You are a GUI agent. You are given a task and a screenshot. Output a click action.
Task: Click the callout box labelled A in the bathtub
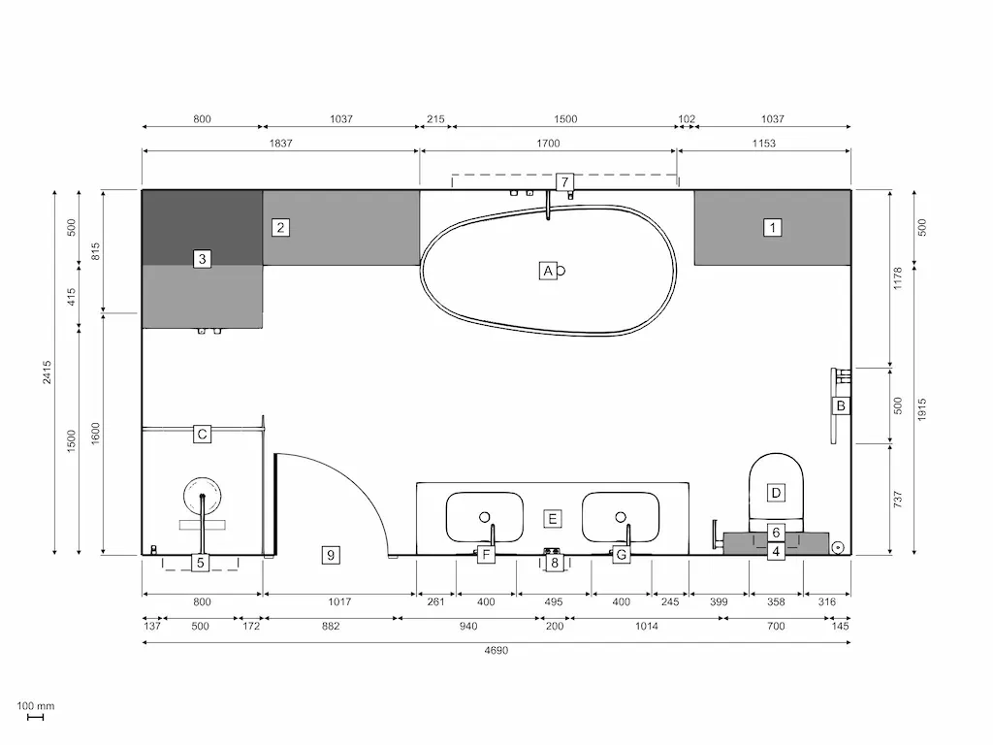pos(548,271)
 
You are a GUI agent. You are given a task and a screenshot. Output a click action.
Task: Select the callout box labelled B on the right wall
pos(841,405)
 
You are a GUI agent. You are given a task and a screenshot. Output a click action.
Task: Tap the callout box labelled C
pos(202,434)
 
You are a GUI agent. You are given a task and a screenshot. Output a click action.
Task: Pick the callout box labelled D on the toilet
pos(776,493)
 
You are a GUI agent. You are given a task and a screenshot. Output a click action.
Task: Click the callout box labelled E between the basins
pos(552,519)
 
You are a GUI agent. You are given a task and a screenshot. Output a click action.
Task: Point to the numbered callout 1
pos(773,228)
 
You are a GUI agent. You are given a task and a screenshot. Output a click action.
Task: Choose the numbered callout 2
pos(280,228)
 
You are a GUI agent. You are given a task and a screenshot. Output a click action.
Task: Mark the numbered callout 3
pos(202,259)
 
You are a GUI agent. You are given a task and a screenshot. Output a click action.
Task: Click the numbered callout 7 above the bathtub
pos(564,181)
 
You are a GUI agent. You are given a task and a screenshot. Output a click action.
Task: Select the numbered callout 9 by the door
pos(331,555)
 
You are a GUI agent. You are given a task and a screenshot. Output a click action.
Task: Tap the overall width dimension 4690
pos(496,651)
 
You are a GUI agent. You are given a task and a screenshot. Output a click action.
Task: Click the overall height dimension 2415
pos(47,372)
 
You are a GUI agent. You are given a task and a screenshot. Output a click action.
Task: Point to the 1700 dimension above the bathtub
pos(548,144)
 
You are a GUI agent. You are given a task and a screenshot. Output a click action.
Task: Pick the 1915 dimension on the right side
pos(921,407)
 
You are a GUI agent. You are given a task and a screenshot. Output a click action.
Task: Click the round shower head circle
pos(202,495)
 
